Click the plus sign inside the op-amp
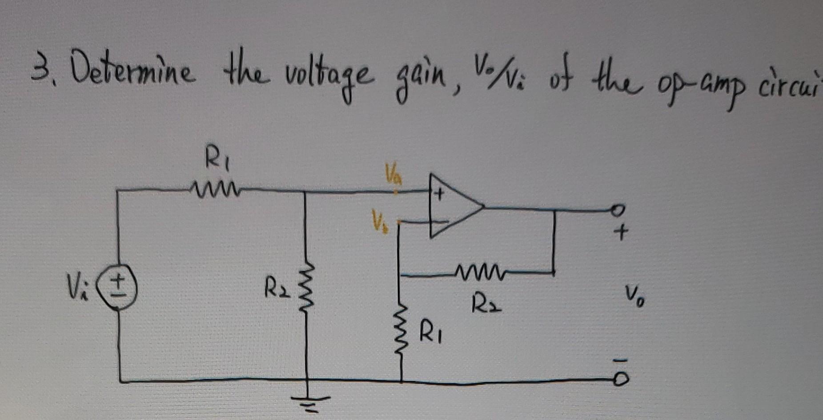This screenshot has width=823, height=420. point(440,194)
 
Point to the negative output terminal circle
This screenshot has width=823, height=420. point(622,380)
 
